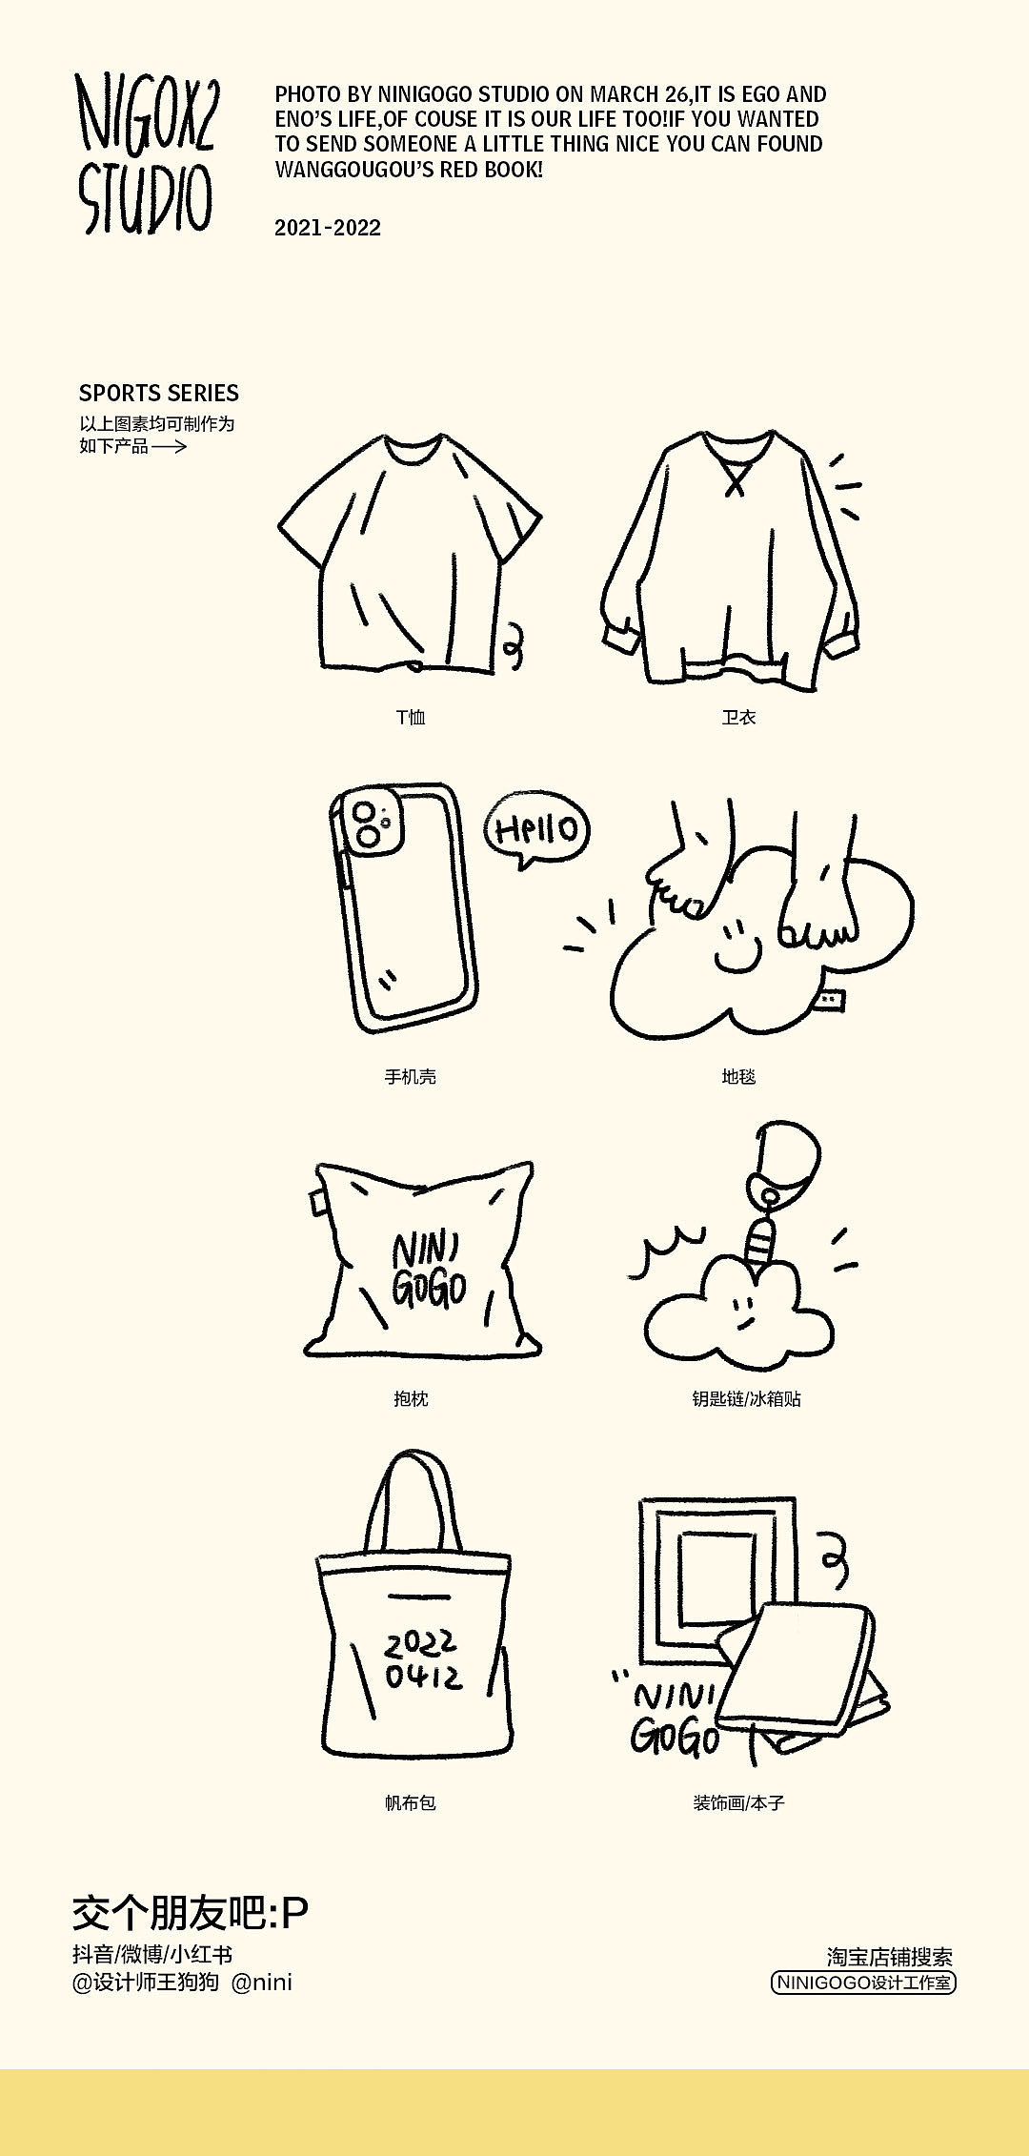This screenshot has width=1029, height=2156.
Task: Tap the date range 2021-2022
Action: pyautogui.click(x=328, y=228)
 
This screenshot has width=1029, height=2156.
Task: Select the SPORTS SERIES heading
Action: pyautogui.click(x=159, y=393)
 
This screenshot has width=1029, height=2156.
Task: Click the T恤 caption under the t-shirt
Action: pyautogui.click(x=411, y=717)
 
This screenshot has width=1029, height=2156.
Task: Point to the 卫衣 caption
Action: pyautogui.click(x=738, y=717)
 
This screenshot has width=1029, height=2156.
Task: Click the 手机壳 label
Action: pyautogui.click(x=411, y=1076)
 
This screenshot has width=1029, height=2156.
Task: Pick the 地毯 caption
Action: pyautogui.click(x=738, y=1076)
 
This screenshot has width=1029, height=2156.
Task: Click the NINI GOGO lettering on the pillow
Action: pyautogui.click(x=429, y=1269)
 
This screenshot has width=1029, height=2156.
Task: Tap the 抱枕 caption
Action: pyautogui.click(x=411, y=1398)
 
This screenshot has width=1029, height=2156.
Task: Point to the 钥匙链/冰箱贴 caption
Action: pyautogui.click(x=746, y=1398)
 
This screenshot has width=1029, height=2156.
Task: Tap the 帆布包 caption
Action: pyautogui.click(x=411, y=1802)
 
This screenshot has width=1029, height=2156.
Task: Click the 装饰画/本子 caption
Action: pyautogui.click(x=738, y=1802)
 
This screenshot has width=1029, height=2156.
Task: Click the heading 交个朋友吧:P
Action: pyautogui.click(x=191, y=1912)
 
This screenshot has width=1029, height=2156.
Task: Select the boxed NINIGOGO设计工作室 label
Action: pyautogui.click(x=863, y=1983)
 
